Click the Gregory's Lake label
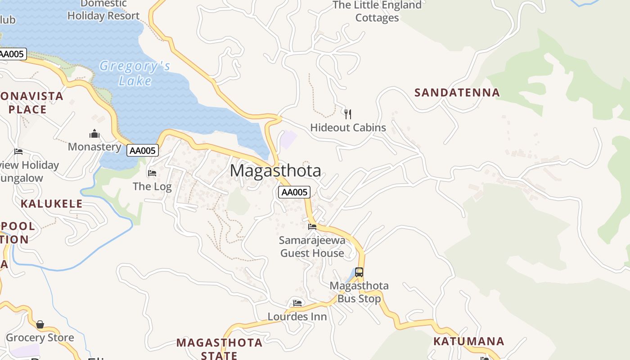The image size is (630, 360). (135, 73)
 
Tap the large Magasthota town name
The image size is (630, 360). (275, 171)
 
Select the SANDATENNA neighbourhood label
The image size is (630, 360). (457, 93)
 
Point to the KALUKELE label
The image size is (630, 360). (52, 204)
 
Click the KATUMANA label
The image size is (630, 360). (468, 341)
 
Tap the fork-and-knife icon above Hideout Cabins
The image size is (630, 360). (347, 114)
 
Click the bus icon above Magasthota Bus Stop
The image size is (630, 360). (359, 272)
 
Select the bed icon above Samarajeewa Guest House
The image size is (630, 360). (312, 226)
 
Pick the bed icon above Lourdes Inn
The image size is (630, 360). (297, 303)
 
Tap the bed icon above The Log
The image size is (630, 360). (152, 173)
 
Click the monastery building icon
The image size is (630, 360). (94, 134)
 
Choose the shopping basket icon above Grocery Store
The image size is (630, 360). (40, 324)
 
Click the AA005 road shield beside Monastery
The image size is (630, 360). (143, 151)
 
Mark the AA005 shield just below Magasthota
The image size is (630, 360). (294, 193)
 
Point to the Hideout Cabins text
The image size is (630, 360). (348, 128)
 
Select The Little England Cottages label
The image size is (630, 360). (377, 11)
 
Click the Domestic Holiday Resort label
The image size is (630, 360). (103, 10)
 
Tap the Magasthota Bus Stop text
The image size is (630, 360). (359, 292)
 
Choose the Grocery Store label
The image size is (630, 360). (40, 338)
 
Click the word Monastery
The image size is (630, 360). (94, 147)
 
